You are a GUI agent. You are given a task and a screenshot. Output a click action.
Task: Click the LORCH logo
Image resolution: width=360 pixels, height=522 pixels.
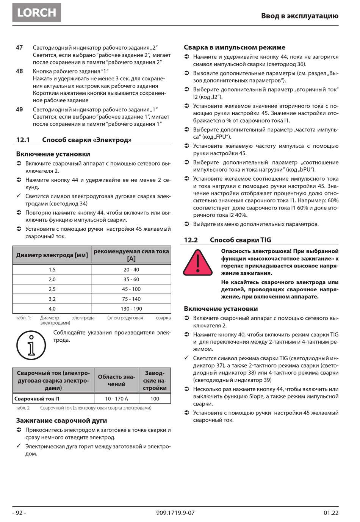point(36,13)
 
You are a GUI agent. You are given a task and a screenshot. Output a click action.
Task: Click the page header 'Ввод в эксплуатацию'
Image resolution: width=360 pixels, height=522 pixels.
point(299,16)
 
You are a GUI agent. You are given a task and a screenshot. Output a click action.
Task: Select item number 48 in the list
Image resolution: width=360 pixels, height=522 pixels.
point(19,71)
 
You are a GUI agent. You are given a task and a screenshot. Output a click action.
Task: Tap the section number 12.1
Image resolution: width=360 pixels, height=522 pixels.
point(23,140)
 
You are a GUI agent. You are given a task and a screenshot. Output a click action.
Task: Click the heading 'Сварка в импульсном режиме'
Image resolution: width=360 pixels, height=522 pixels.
point(234,47)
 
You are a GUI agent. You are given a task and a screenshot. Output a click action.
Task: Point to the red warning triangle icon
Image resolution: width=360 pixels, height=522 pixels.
point(197,263)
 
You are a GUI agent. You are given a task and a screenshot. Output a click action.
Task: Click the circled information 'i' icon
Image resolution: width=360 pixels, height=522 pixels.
point(31,345)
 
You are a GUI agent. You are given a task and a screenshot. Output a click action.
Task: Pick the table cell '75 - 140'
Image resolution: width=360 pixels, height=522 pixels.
point(131,299)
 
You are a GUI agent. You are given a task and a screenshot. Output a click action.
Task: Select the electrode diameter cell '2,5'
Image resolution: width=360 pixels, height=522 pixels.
point(52,289)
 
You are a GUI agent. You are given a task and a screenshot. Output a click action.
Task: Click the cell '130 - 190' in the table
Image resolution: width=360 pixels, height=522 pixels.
point(131,309)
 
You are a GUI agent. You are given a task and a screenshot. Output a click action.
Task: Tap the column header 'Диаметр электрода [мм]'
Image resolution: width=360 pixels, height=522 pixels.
point(52,255)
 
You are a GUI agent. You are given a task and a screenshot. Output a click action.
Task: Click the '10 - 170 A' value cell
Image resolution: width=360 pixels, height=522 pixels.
point(116,399)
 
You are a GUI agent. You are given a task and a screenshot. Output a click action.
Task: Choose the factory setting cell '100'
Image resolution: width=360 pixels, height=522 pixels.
point(155,399)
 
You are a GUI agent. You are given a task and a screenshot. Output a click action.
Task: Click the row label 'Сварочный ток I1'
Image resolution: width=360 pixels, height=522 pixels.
point(37,399)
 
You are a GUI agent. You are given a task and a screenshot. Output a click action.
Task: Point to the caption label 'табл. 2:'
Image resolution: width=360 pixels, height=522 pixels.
point(23,408)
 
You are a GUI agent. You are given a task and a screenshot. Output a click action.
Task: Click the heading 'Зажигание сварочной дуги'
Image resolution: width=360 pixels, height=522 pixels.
point(61,420)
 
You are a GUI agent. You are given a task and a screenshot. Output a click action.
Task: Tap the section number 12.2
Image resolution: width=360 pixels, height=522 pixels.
point(191,240)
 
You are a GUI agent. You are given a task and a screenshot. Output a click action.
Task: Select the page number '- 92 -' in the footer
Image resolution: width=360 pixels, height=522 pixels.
point(19,513)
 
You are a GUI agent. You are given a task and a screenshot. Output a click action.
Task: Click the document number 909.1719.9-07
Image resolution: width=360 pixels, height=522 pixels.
point(175,513)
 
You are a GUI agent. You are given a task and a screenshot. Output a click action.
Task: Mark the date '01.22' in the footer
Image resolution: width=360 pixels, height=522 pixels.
point(331,513)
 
